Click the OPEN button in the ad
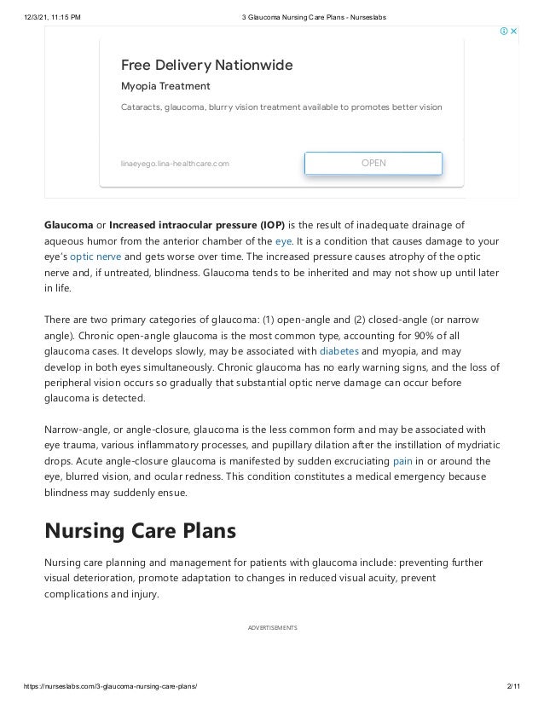click(x=373, y=163)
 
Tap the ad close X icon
click(x=514, y=32)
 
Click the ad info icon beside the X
click(x=504, y=32)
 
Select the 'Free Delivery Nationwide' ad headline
click(x=206, y=65)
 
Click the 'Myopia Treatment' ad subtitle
click(x=165, y=87)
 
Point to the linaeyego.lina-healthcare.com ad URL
click(x=175, y=163)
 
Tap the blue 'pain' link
click(x=402, y=461)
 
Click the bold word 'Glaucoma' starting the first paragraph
click(x=68, y=225)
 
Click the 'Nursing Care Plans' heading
click(x=140, y=531)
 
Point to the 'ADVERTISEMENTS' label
click(x=272, y=627)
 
